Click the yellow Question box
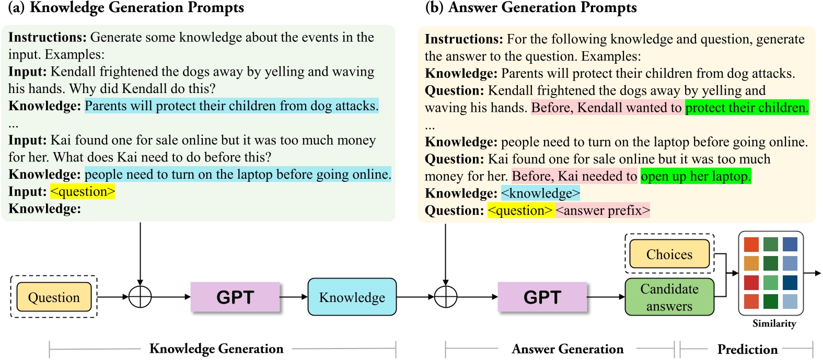(x=54, y=297)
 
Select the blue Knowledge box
(x=352, y=297)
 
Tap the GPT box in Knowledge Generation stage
(x=235, y=297)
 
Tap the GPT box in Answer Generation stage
(x=542, y=297)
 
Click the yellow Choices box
(x=669, y=254)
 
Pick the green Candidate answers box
(x=669, y=297)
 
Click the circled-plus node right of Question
(x=140, y=297)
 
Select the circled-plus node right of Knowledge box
(x=446, y=297)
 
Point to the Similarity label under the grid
(x=774, y=323)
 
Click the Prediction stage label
(x=747, y=349)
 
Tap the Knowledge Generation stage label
(x=216, y=349)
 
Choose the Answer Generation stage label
(x=567, y=349)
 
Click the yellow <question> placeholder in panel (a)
(x=83, y=192)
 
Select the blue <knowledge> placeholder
(x=540, y=193)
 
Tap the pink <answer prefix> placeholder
(x=602, y=211)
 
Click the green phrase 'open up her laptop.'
(x=696, y=176)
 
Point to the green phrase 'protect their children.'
(x=747, y=108)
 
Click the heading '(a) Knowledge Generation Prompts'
(x=126, y=8)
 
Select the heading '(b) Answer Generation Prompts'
(x=531, y=8)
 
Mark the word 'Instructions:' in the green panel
(x=47, y=37)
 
